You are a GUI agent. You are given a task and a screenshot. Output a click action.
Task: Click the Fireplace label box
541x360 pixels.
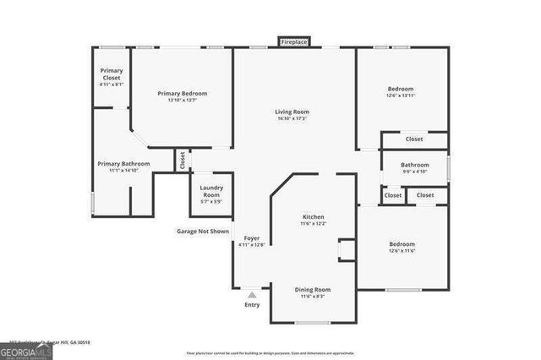tap(294, 41)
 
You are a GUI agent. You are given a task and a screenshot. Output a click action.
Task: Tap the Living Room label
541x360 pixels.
tap(292, 112)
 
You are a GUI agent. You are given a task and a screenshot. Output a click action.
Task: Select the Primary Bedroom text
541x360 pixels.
tap(183, 93)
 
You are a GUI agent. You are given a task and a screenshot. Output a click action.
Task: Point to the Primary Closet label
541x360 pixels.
tap(112, 74)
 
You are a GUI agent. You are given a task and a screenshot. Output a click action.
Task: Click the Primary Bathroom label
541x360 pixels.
tap(123, 163)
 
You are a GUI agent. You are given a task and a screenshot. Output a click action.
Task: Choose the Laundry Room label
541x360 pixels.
tap(210, 191)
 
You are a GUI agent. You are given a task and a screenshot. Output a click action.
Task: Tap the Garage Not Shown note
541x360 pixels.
tap(202, 231)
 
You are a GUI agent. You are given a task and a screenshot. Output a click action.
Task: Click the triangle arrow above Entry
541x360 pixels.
tap(252, 295)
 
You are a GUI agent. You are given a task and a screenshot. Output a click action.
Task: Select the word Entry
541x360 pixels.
tap(252, 304)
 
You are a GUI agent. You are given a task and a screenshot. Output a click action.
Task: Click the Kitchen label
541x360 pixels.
tap(313, 216)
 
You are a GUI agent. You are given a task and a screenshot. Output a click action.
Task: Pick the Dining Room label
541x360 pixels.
tap(312, 290)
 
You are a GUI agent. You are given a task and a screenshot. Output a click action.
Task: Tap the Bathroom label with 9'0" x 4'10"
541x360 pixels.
tap(414, 165)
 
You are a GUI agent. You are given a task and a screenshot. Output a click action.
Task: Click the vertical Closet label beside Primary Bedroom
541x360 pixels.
tap(182, 159)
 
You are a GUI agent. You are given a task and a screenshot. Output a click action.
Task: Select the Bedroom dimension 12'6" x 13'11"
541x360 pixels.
tap(401, 95)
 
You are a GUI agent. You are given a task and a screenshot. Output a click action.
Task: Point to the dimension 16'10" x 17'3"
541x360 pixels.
tap(292, 118)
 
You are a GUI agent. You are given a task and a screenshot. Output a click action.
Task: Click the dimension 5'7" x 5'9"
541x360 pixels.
tap(210, 201)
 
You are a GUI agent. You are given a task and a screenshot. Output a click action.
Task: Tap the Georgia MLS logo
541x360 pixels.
tap(26, 351)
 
